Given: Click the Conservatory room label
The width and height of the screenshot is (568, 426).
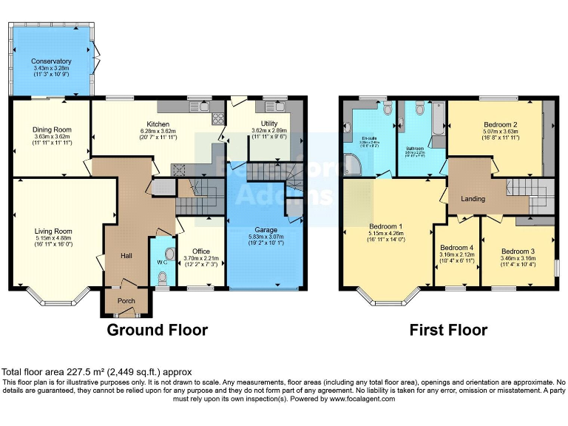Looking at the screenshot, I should click(51, 61).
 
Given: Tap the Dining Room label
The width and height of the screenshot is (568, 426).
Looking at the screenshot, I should click(51, 130).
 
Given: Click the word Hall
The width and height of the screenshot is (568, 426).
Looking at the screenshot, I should click(126, 255).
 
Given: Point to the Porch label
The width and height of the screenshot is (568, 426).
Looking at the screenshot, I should click(117, 301).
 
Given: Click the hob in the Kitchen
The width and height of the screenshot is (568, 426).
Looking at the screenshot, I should click(219, 118).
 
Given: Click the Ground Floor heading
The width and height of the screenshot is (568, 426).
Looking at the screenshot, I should click(158, 330).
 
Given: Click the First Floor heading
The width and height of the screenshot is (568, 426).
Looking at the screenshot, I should click(448, 330).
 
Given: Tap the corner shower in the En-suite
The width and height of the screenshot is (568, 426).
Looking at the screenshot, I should click(351, 163).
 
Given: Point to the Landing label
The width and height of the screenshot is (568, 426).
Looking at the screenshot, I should click(473, 198).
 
